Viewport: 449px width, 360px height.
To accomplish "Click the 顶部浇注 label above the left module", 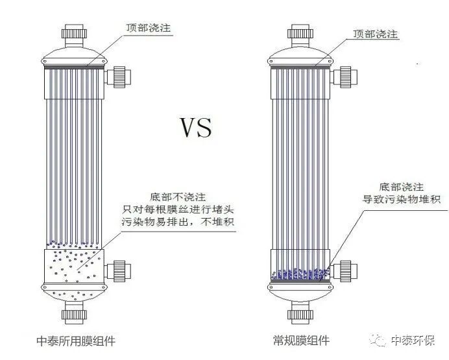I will pos(148,29).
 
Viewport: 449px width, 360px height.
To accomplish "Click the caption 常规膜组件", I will pos(301,341).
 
